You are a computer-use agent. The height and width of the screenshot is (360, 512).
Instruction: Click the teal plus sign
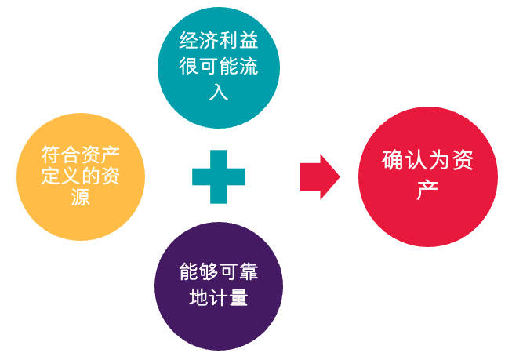click(x=219, y=176)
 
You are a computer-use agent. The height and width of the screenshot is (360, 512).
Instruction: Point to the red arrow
click(x=320, y=176)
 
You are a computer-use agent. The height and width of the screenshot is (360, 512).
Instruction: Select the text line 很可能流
click(x=219, y=67)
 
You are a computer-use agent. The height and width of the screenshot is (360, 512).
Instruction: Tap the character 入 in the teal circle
click(x=219, y=92)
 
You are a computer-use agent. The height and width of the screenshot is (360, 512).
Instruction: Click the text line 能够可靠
click(x=219, y=274)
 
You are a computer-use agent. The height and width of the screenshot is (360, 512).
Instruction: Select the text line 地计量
click(x=219, y=297)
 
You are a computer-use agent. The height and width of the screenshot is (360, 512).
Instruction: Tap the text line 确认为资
click(x=427, y=162)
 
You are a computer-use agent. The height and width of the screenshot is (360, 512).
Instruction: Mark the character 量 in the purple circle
click(x=238, y=297)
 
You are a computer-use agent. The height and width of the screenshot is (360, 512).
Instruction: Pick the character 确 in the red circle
click(x=393, y=162)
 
